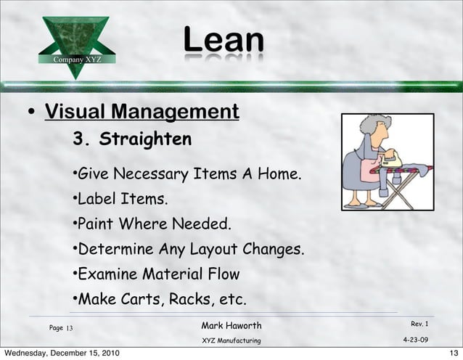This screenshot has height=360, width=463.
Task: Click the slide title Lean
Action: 222,41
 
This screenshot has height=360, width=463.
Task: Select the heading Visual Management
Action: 142,112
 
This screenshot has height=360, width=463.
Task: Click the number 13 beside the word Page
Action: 70,329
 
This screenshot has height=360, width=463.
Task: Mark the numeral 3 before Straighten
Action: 78,139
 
